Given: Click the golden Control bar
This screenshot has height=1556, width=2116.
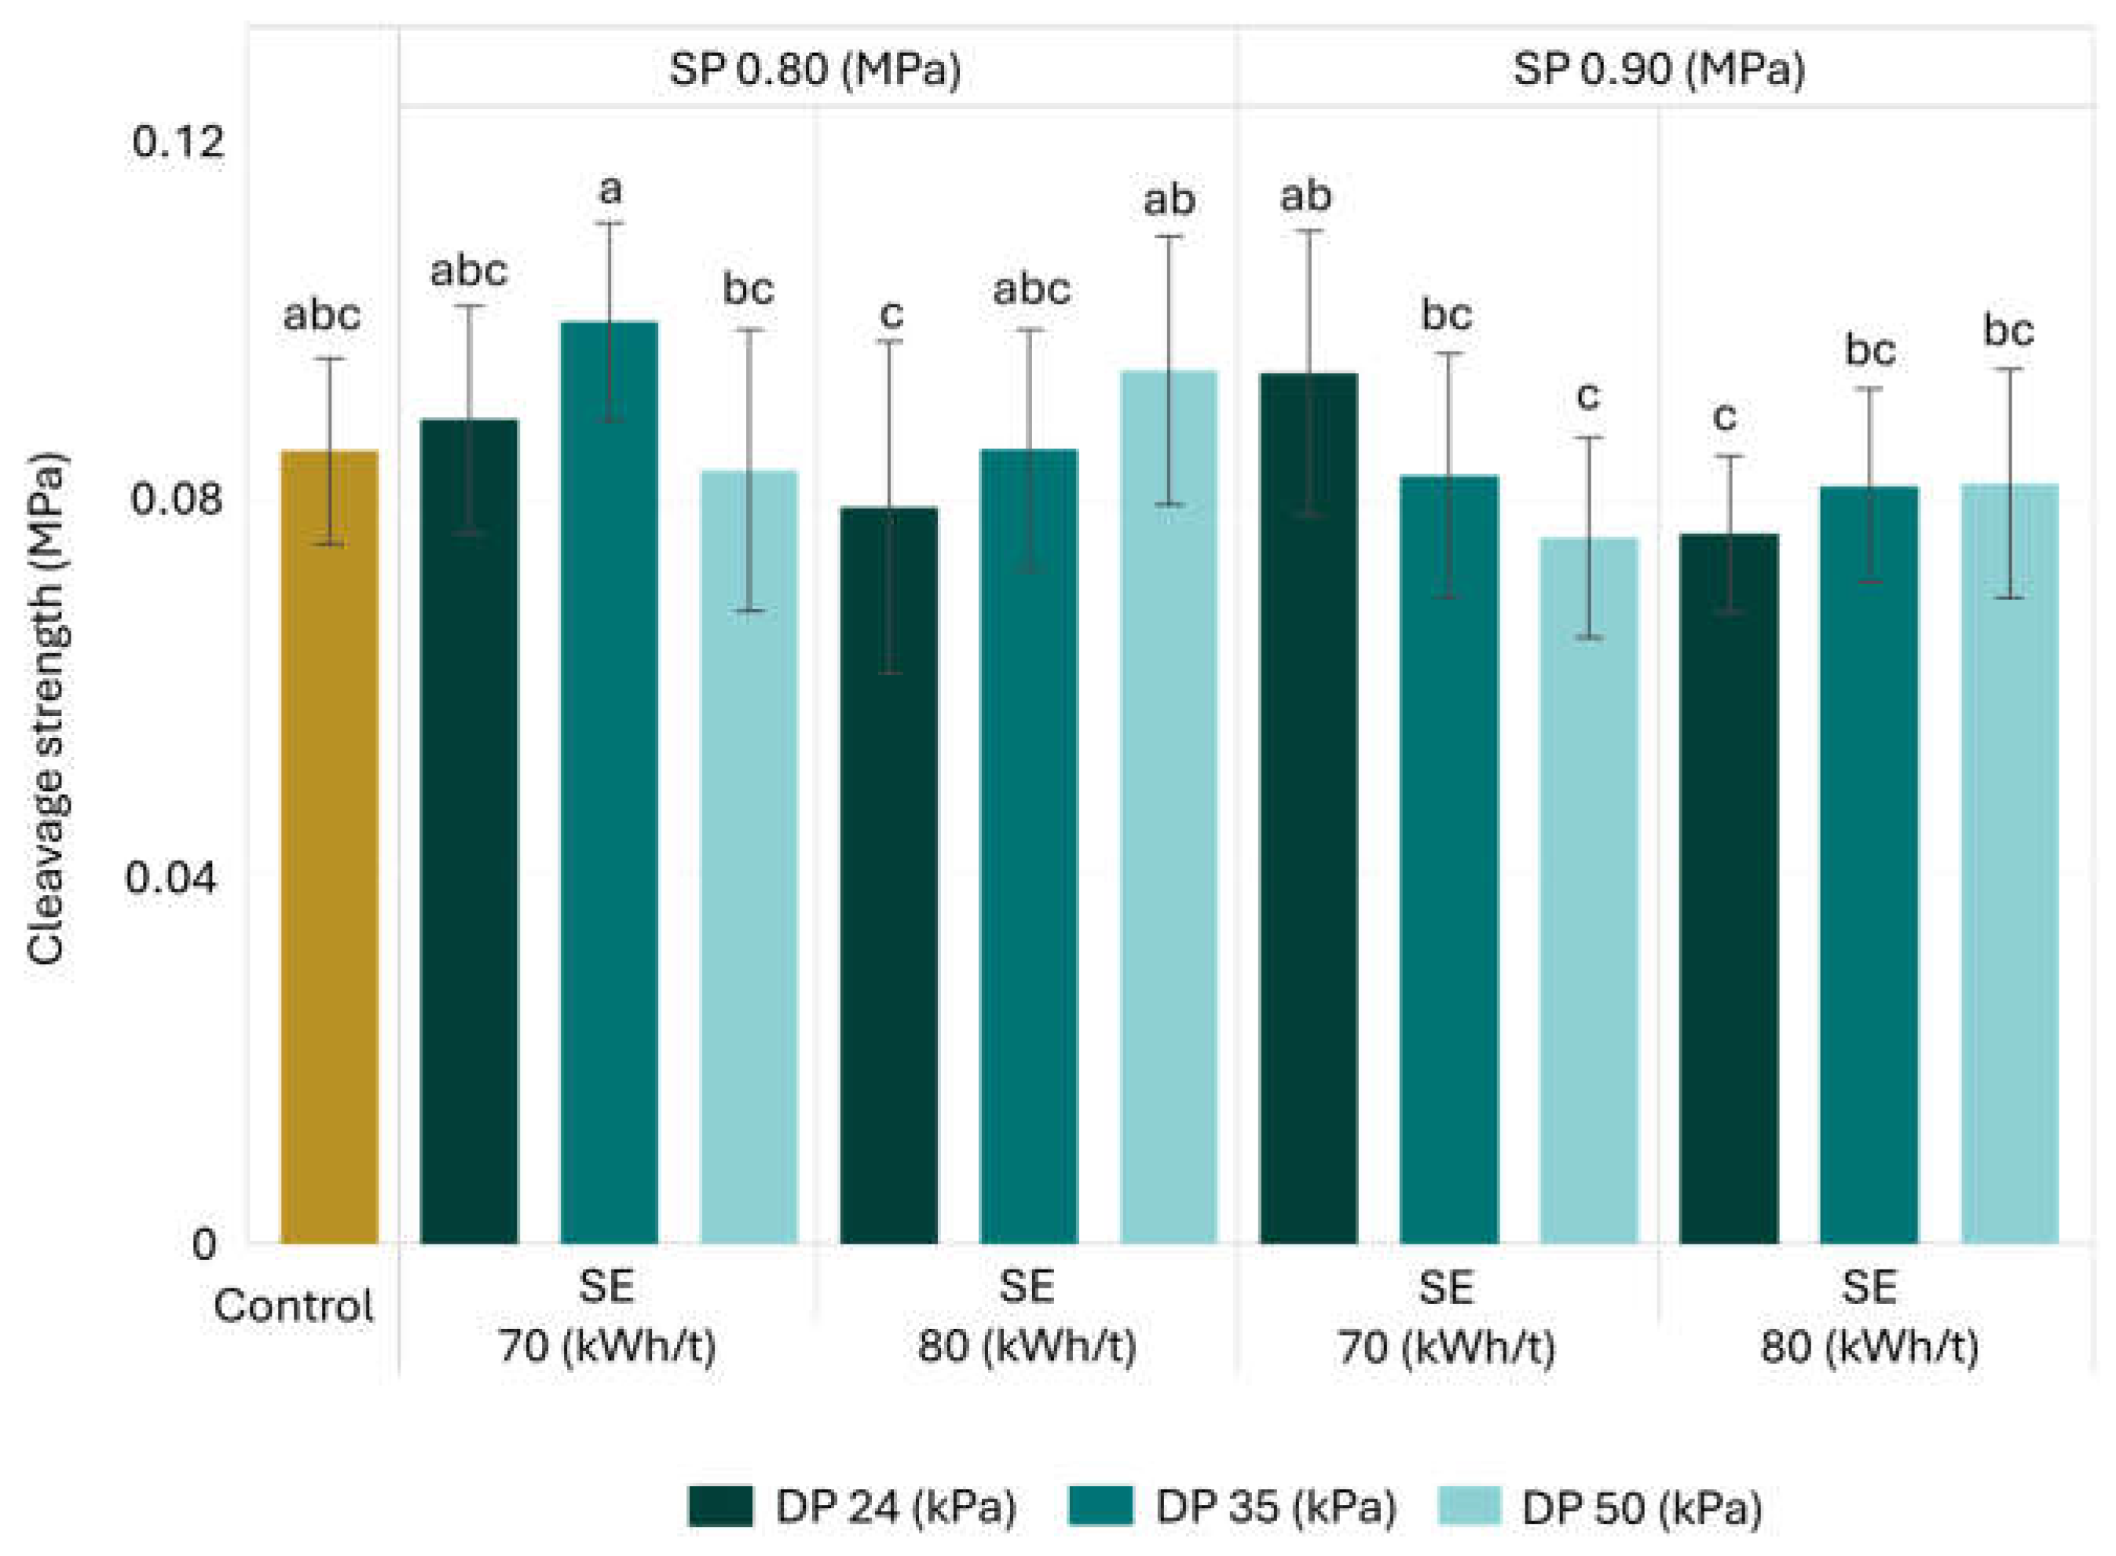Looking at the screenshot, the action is tap(329, 847).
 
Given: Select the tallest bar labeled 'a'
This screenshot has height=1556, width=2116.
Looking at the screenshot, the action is tap(609, 783).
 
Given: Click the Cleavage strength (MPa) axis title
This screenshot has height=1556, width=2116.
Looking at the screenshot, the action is tap(46, 711).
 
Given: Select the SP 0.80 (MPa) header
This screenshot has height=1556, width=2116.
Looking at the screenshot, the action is tap(815, 70).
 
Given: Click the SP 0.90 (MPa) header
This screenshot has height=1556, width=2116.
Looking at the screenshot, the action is tap(1659, 70).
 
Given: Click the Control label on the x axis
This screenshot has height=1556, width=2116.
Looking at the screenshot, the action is tap(293, 1306).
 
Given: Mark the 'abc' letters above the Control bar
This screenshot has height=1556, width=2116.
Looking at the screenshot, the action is tap(322, 315).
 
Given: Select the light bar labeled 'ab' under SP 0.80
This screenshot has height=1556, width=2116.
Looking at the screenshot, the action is tap(1168, 807).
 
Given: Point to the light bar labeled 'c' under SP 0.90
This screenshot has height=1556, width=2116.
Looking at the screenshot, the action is tap(1588, 891).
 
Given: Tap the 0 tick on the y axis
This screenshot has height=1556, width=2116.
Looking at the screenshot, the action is tap(204, 1244).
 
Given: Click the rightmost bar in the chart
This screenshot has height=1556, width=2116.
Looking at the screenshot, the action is tap(2009, 864).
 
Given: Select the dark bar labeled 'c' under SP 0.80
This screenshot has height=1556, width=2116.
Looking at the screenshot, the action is tap(888, 876).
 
